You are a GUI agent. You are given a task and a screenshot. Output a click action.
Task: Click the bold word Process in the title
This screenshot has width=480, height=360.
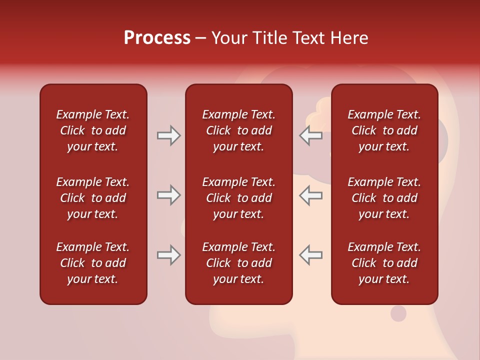tap(157, 38)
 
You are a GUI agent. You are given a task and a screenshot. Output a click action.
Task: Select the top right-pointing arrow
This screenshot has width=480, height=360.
tap(168, 135)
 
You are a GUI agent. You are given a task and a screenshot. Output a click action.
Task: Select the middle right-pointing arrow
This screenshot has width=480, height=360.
tap(168, 195)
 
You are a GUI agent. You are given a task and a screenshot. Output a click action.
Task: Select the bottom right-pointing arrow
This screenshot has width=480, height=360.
tap(168, 255)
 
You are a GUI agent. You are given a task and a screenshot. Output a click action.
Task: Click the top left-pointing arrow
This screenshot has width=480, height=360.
tap(311, 135)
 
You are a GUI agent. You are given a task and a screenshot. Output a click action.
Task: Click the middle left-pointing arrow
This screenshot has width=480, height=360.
tap(311, 195)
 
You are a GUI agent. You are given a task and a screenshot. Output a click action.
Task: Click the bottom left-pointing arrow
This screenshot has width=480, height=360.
tap(311, 255)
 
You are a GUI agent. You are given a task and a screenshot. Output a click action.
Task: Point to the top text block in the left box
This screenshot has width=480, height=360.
tap(93, 130)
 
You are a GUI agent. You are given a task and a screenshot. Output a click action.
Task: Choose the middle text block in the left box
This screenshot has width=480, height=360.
tap(93, 198)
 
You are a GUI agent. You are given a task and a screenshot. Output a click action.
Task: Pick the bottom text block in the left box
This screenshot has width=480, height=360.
tap(93, 263)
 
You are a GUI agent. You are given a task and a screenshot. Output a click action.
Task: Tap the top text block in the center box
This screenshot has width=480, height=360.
tap(238, 130)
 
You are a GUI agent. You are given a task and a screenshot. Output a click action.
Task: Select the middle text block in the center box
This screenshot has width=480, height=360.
tap(238, 198)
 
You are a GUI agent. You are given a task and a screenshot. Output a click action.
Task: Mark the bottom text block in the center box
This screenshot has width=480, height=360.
tap(238, 263)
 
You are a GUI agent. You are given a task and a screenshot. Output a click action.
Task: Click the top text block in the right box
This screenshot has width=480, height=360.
tap(384, 130)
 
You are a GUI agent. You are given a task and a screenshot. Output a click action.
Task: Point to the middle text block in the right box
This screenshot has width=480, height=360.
tap(384, 198)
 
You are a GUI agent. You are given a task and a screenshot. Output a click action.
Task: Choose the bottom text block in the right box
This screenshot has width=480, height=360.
tap(384, 263)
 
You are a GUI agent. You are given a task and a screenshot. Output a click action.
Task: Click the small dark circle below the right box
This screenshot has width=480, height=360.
tap(398, 313)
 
